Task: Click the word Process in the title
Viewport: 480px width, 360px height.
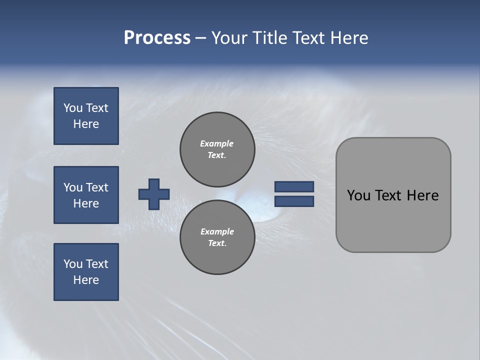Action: coord(157,38)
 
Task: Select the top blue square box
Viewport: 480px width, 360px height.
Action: coord(86,116)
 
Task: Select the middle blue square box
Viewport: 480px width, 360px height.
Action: coord(86,195)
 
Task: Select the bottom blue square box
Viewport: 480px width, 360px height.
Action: coord(86,272)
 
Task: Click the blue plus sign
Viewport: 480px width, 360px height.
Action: coord(154,194)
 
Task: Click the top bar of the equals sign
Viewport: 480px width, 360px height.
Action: coord(294,187)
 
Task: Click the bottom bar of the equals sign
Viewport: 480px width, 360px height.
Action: coord(294,201)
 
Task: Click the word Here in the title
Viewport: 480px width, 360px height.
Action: coord(349,38)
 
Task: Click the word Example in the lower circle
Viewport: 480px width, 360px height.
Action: coord(217,231)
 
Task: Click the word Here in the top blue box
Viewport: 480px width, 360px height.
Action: coord(86,124)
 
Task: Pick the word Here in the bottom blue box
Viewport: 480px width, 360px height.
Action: coord(86,280)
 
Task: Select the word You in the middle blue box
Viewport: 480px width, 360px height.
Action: coord(73,187)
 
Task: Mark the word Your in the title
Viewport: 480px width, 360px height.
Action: coord(229,38)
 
